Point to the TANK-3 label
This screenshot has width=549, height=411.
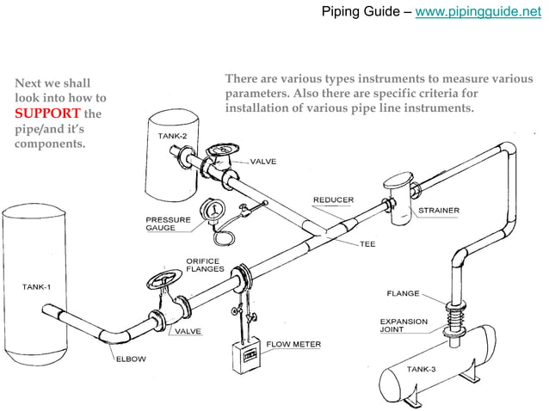(x=425, y=369)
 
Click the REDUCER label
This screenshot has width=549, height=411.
(x=332, y=199)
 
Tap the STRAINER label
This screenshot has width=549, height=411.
(x=438, y=210)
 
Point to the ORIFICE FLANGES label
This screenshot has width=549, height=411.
(x=205, y=265)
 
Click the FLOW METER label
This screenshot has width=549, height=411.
(x=293, y=345)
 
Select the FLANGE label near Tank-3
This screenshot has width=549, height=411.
(x=403, y=293)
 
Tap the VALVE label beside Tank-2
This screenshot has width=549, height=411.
(x=262, y=162)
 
